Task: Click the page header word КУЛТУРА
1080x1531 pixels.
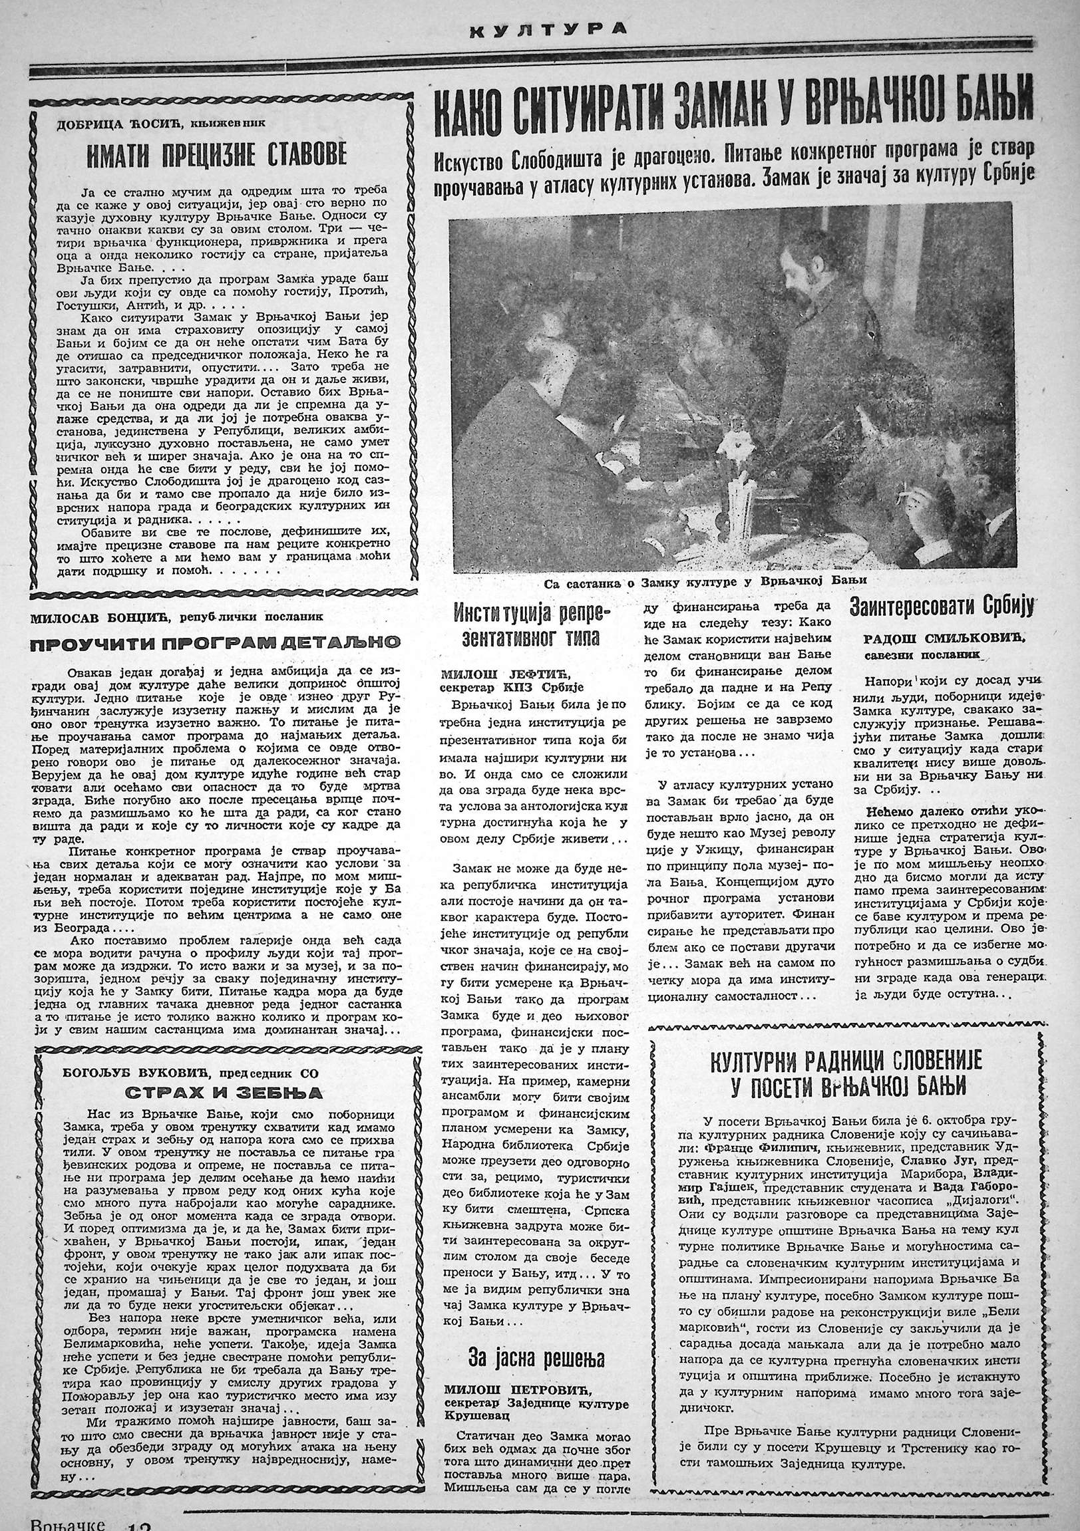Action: click(x=548, y=29)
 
